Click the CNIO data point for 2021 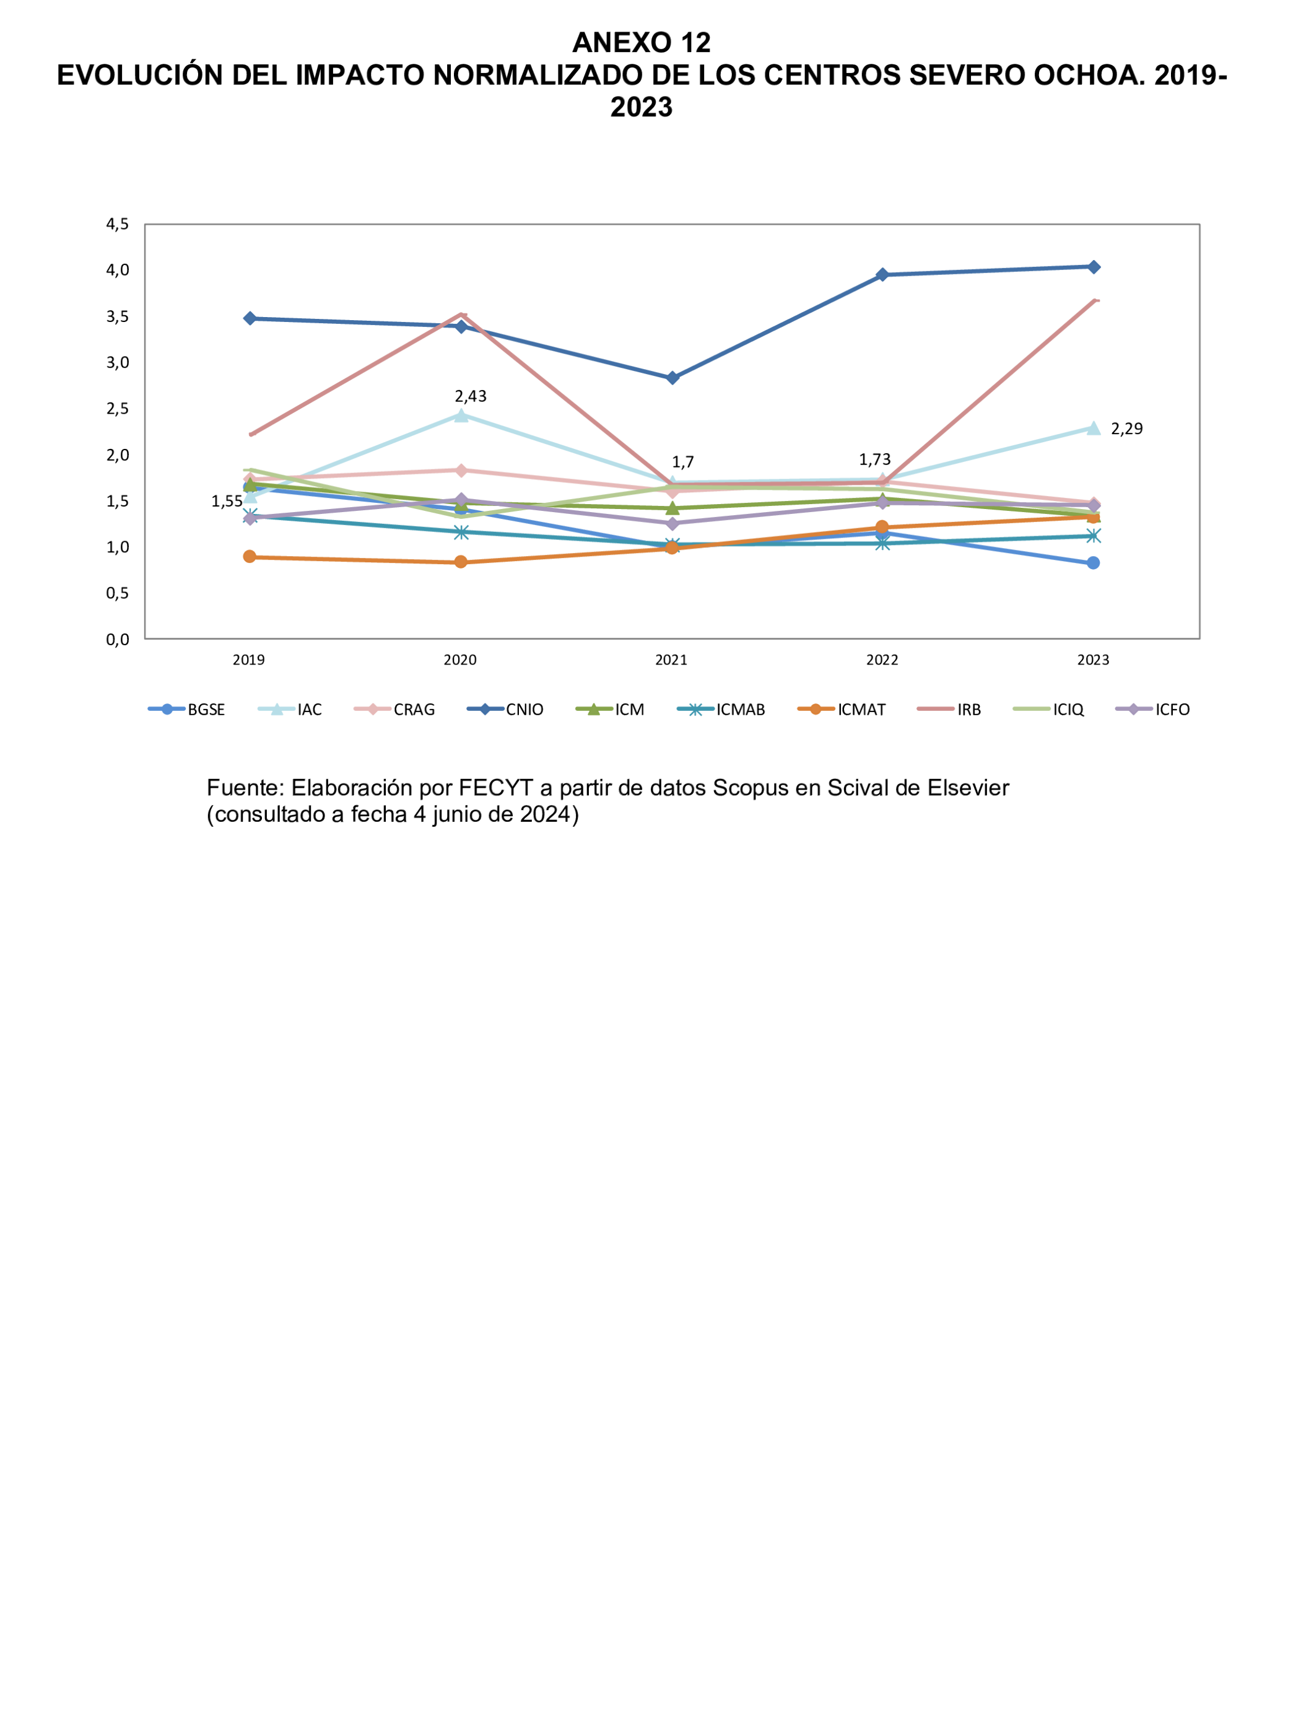pyautogui.click(x=672, y=378)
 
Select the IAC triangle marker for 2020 pyautogui.click(x=461, y=416)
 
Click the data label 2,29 pyautogui.click(x=1126, y=429)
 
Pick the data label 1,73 pyautogui.click(x=874, y=459)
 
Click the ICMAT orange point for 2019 pyautogui.click(x=250, y=557)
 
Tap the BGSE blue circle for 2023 pyautogui.click(x=1094, y=563)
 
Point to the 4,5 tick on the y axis pyautogui.click(x=118, y=225)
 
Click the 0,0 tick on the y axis pyautogui.click(x=118, y=640)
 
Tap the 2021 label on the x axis pyautogui.click(x=671, y=659)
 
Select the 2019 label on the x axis pyautogui.click(x=249, y=659)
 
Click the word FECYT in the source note pyautogui.click(x=495, y=788)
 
